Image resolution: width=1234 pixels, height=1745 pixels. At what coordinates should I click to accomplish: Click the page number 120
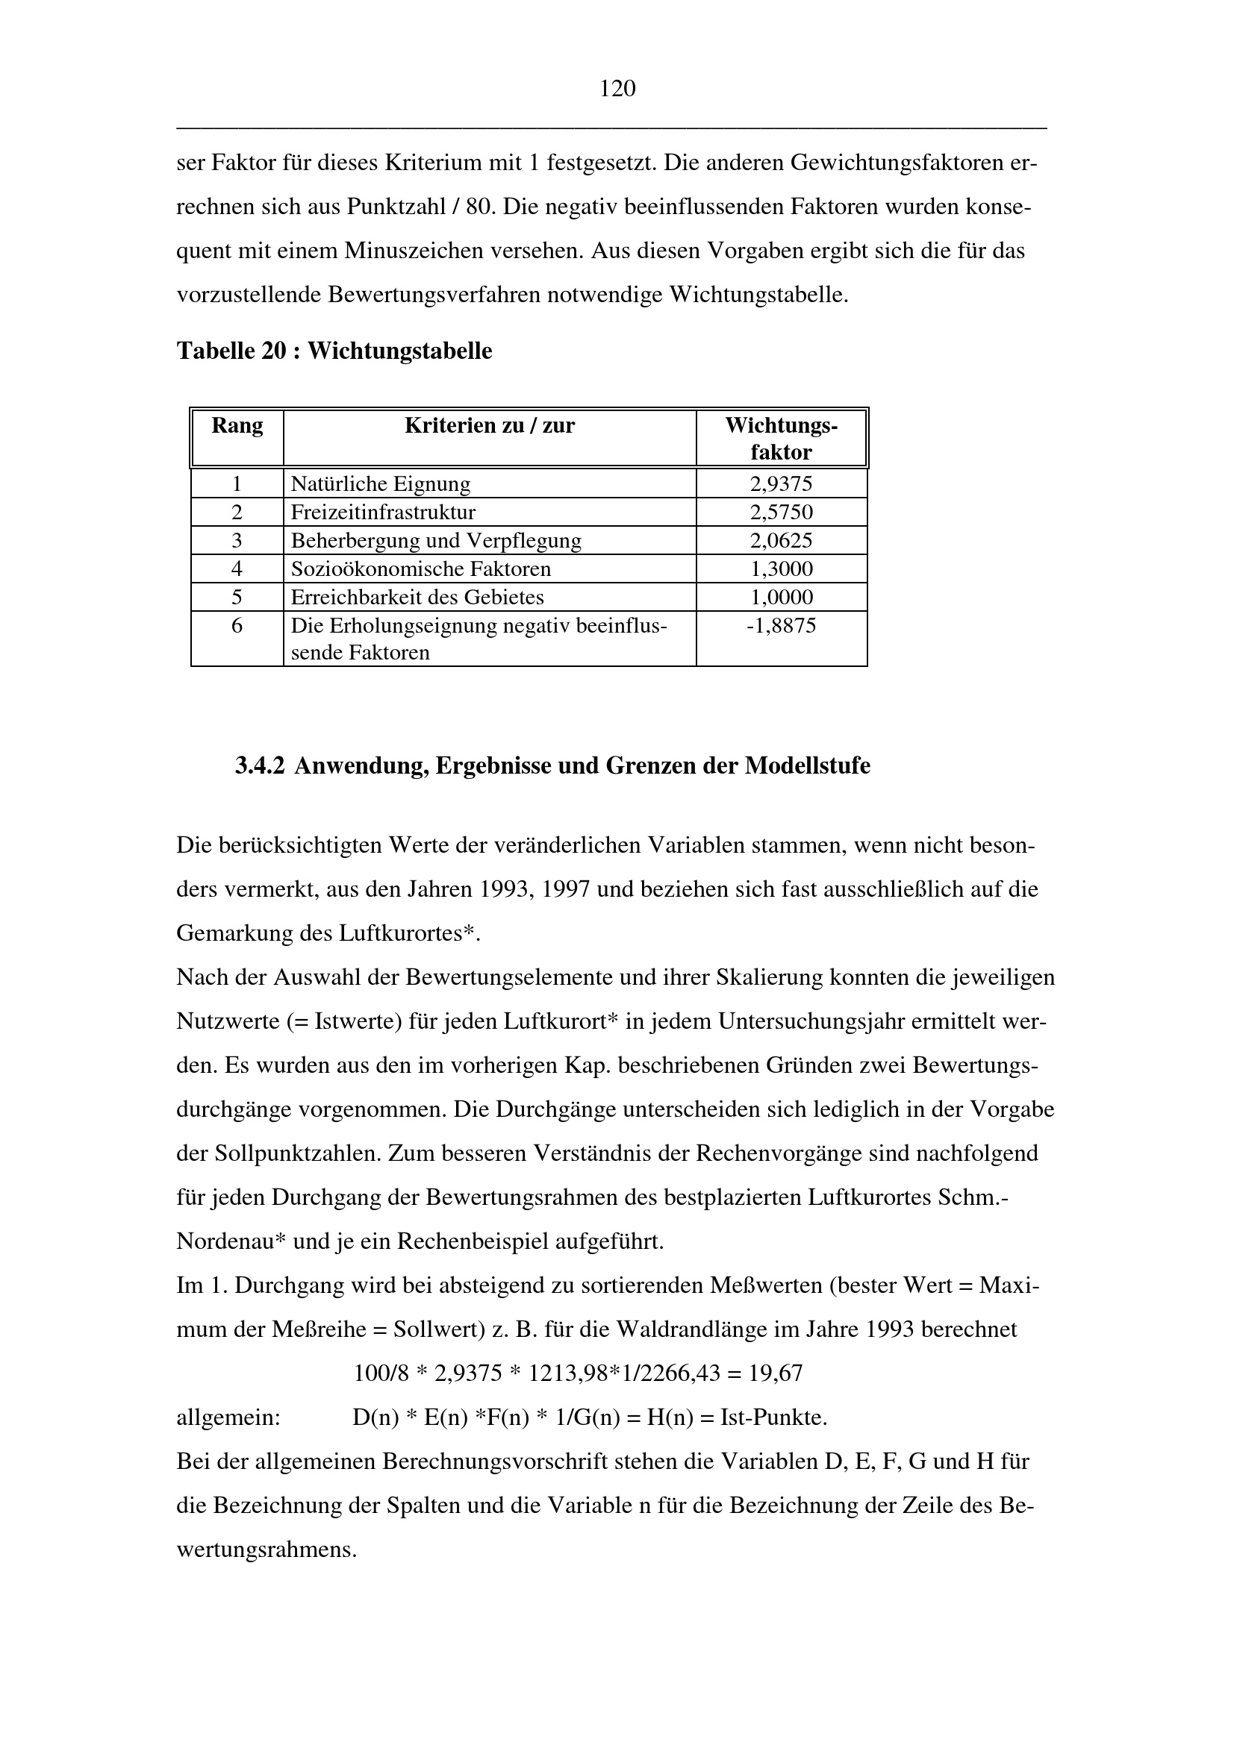point(617,90)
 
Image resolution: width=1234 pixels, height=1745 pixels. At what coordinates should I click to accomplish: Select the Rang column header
point(237,425)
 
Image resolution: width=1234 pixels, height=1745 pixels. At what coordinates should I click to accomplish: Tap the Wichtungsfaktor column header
point(781,439)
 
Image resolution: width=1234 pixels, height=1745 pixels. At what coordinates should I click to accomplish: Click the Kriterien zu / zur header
point(490,425)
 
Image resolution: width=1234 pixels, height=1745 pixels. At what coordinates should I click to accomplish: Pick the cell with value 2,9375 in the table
point(781,484)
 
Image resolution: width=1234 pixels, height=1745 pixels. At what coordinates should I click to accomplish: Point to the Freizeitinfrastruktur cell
point(383,513)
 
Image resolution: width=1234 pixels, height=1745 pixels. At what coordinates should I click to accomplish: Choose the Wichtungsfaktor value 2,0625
point(781,540)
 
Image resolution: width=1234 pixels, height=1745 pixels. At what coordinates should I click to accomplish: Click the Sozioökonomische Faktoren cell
point(421,568)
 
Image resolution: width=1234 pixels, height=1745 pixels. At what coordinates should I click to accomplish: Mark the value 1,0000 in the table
point(781,598)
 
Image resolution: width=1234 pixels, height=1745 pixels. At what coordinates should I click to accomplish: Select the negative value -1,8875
point(781,626)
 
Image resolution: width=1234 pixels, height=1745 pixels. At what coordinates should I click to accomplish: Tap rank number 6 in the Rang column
point(237,626)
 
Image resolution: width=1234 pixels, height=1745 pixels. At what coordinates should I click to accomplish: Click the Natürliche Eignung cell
point(381,484)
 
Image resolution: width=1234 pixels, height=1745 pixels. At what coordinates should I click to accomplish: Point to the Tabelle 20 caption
point(334,351)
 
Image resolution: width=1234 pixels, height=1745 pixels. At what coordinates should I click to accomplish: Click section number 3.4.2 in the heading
point(260,765)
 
